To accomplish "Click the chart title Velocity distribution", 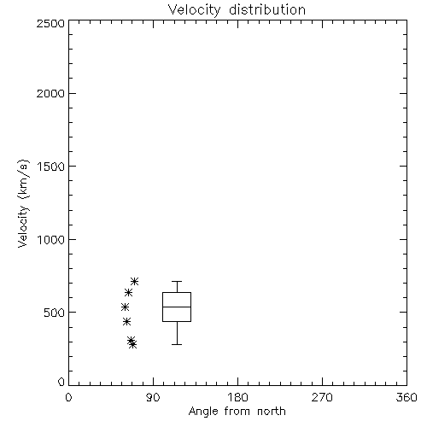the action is tap(237, 10).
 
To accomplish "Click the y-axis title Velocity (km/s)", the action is tap(23, 203).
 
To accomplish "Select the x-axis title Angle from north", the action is tap(237, 412).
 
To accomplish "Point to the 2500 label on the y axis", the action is tap(50, 23).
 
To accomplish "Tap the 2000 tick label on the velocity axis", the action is tap(50, 93).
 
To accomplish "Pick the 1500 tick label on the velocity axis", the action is tap(51, 167).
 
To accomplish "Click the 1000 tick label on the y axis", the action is tap(51, 240).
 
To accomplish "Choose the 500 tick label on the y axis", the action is tap(55, 313).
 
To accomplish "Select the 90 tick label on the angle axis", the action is tap(153, 397).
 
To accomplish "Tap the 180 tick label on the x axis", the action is tap(237, 397).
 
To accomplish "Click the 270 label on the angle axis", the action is tap(322, 397).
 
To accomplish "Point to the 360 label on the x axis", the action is tap(407, 397).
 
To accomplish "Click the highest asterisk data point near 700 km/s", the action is tap(134, 282).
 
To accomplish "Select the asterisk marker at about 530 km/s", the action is tap(125, 307).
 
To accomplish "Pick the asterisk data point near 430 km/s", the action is tap(126, 322).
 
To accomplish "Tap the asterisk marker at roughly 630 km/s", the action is tap(128, 292).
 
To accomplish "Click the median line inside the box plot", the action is tap(177, 307).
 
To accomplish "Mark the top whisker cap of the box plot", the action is tap(177, 282).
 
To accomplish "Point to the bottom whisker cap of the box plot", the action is tap(177, 344).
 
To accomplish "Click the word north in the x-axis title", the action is tap(272, 412).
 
